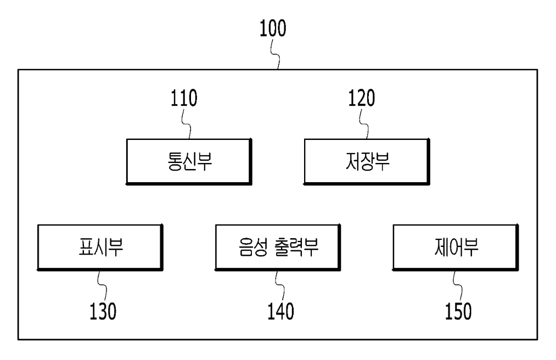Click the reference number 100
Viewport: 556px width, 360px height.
pyautogui.click(x=273, y=29)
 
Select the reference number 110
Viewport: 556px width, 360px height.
pyautogui.click(x=184, y=98)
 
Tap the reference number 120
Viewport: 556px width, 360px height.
pyautogui.click(x=361, y=98)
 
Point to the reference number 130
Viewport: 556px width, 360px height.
pyautogui.click(x=103, y=311)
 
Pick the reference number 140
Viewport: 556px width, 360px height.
pyautogui.click(x=280, y=311)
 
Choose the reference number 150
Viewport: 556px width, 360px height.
pyautogui.click(x=458, y=311)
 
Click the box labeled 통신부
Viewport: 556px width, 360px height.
pyautogui.click(x=189, y=162)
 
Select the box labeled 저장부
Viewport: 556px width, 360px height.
pyautogui.click(x=367, y=162)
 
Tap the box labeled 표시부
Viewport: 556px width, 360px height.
pyautogui.click(x=100, y=248)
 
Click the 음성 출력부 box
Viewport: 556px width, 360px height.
pyautogui.click(x=278, y=248)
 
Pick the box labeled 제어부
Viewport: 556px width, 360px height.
pyautogui.click(x=456, y=248)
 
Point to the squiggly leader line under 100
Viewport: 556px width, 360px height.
pyautogui.click(x=276, y=54)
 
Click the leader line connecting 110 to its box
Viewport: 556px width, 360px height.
pyautogui.click(x=187, y=124)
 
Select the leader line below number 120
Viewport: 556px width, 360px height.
pyautogui.click(x=364, y=124)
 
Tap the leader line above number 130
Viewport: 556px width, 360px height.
pyautogui.click(x=102, y=286)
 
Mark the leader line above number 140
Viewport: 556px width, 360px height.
pyautogui.click(x=280, y=286)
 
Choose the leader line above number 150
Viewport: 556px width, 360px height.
pyautogui.click(x=458, y=286)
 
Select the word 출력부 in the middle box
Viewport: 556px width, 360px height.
pyautogui.click(x=296, y=247)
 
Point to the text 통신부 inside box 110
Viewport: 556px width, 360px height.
pyautogui.click(x=190, y=161)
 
